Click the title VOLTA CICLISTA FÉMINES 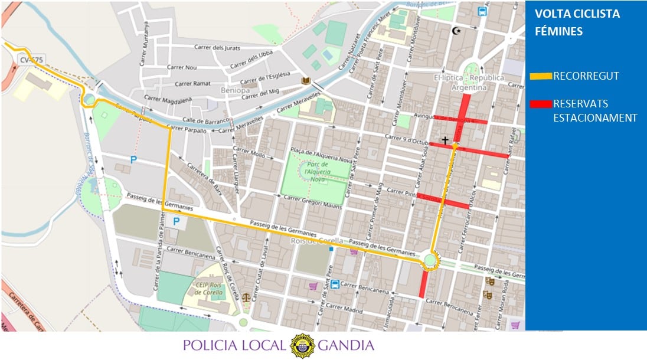577,22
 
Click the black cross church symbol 445,140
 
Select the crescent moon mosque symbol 455,31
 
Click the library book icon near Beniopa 305,80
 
